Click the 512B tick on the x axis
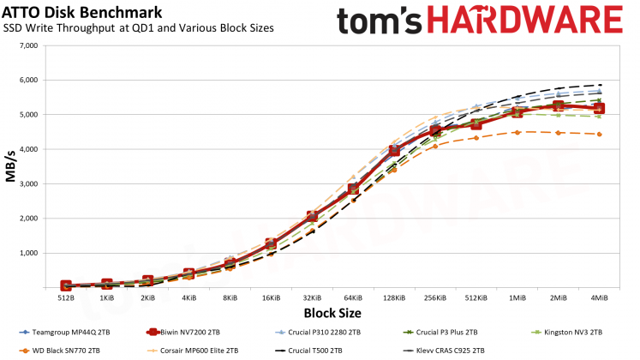(66, 297)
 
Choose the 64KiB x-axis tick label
(353, 297)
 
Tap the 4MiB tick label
(600, 297)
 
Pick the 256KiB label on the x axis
(435, 297)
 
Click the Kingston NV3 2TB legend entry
(572, 331)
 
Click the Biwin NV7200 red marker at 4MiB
(600, 109)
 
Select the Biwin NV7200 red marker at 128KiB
(394, 151)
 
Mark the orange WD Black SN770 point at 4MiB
(600, 135)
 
